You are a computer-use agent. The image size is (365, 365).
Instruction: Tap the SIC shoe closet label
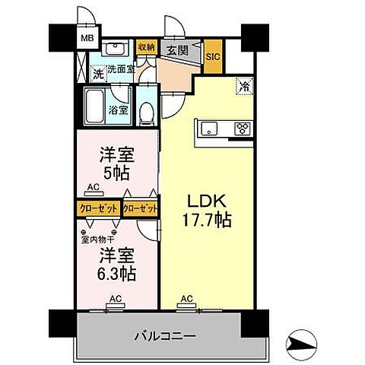pyautogui.click(x=213, y=55)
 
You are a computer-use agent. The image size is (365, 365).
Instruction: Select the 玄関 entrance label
pyautogui.click(x=178, y=51)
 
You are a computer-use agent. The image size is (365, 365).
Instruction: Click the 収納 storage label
pyautogui.click(x=146, y=47)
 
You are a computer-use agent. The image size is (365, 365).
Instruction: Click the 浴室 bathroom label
pyautogui.click(x=118, y=109)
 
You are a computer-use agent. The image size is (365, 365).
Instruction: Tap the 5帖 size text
pyautogui.click(x=117, y=173)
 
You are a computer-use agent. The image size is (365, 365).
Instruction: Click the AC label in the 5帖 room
pyautogui.click(x=94, y=187)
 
